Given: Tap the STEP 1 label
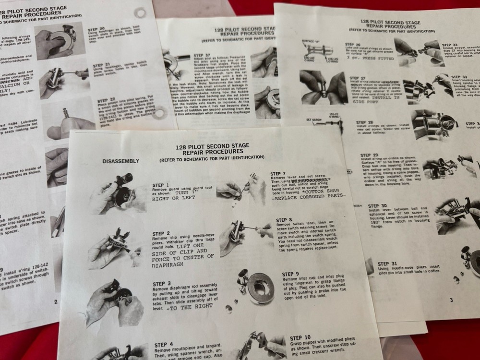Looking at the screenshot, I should (161, 185).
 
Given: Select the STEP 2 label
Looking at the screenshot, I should (161, 233).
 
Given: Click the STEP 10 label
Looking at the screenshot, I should (300, 337).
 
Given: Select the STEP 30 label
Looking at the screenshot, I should (377, 206).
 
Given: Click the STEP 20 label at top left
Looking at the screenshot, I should (97, 28).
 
